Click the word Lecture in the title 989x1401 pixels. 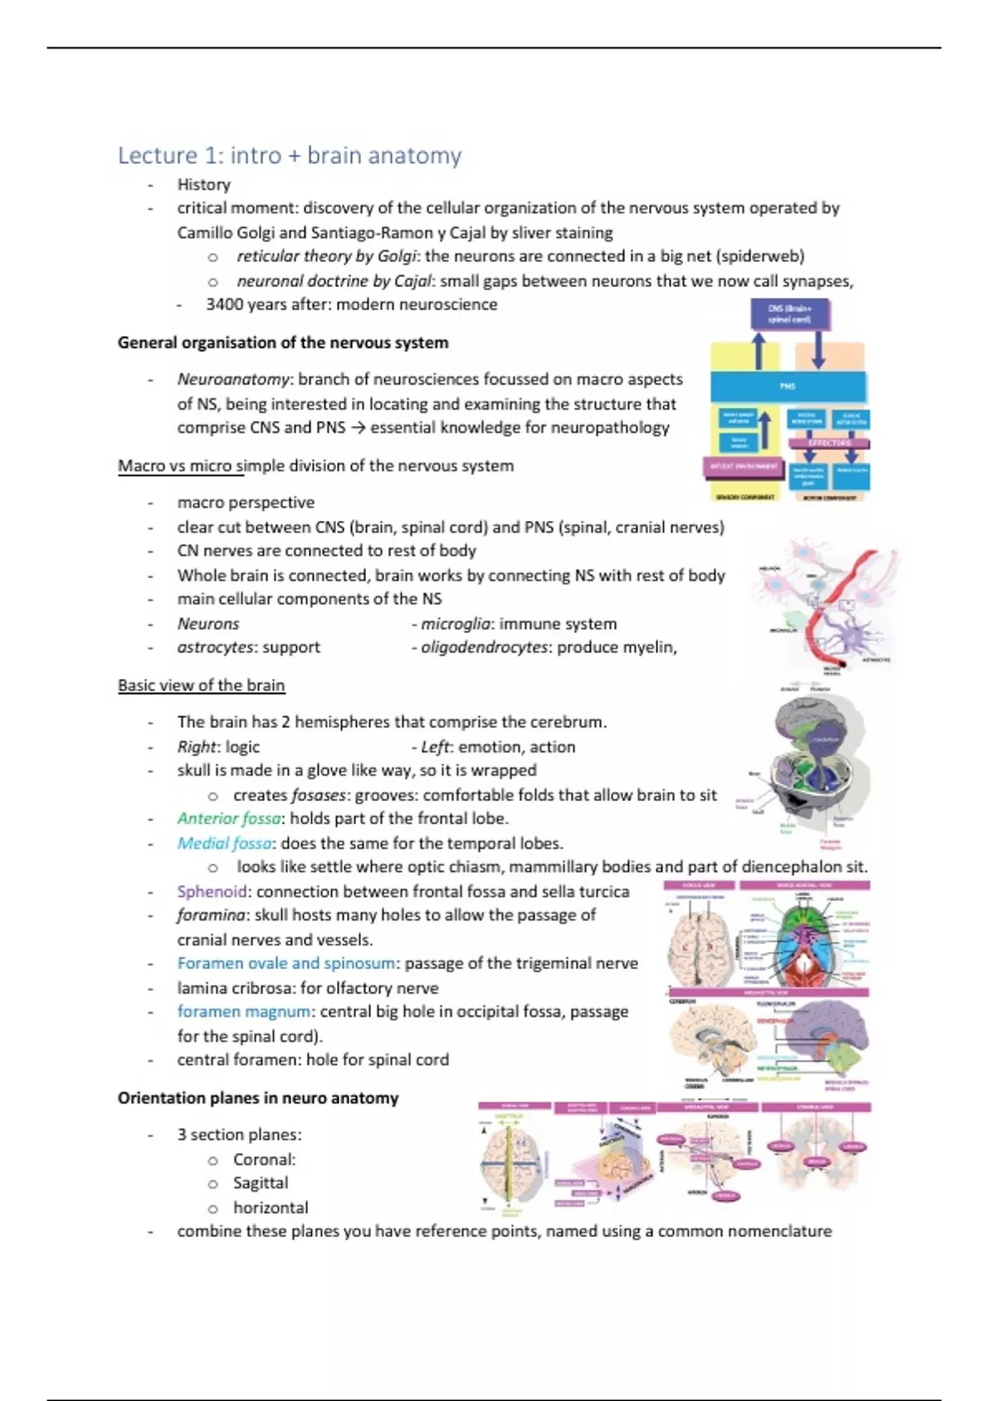pos(157,156)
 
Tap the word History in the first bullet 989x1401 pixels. pos(204,185)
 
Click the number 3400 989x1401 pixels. pos(223,305)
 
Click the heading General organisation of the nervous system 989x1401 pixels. pos(283,343)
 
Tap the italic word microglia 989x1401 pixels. pos(456,624)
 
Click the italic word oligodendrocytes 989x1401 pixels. pos(484,648)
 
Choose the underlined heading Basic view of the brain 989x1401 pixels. pos(201,686)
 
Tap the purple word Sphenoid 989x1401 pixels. pos(211,892)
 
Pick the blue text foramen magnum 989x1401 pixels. pos(244,1012)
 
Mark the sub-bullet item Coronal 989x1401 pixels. pos(263,1160)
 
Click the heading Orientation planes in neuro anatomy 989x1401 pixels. pos(258,1099)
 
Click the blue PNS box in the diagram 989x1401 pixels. pos(788,386)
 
